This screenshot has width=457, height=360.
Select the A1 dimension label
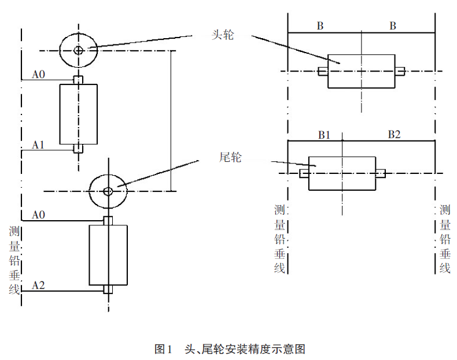coord(39,144)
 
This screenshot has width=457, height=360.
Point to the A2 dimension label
coord(39,285)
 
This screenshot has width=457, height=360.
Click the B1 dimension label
coord(324,135)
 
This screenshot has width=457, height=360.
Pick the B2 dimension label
coord(394,135)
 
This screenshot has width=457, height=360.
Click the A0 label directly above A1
coord(39,74)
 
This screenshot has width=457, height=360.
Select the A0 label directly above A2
coord(39,214)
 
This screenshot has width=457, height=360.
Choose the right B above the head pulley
coord(393,25)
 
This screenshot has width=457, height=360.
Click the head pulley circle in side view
coord(78,50)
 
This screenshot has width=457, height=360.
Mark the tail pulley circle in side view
coord(108,191)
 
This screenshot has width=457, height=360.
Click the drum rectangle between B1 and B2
coord(342,173)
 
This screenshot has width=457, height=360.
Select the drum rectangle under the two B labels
coord(362,71)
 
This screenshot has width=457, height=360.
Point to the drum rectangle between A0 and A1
coord(79,114)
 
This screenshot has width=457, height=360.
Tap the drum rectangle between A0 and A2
coord(108,255)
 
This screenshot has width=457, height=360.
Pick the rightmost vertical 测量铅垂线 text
coord(445,239)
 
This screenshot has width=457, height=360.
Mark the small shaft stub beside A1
coord(79,149)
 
